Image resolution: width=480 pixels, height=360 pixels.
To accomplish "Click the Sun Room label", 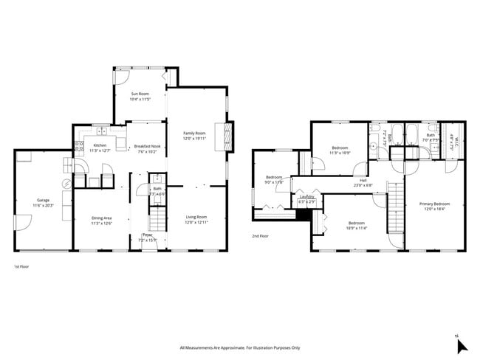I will click(x=140, y=94).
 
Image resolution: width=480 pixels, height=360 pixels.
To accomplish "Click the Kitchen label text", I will click(x=99, y=145).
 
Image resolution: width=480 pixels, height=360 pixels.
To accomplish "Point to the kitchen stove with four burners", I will click(x=78, y=146).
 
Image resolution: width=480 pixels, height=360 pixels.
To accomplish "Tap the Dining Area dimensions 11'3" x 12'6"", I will click(x=101, y=223).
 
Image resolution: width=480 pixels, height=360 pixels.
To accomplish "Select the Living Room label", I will click(x=196, y=217).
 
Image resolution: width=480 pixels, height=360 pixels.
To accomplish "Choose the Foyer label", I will click(x=147, y=235).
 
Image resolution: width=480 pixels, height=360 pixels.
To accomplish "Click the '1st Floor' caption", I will click(x=22, y=266).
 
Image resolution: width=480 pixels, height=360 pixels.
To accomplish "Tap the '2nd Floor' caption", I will click(x=259, y=237).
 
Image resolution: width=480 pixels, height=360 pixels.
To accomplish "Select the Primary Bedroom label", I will click(x=434, y=204).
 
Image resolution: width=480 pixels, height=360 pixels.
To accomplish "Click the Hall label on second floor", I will click(x=363, y=179).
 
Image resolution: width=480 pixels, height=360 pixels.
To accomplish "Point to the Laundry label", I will click(x=306, y=196).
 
